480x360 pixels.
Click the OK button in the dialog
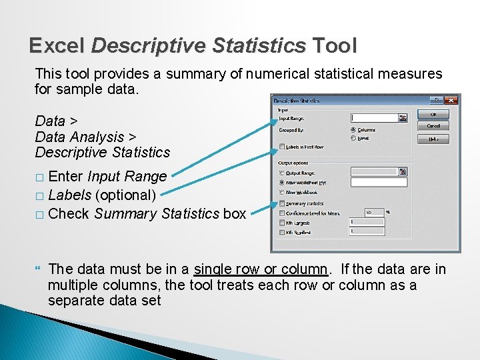tap(433, 114)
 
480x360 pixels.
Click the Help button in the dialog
tap(433, 139)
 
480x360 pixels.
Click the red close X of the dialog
tap(452, 100)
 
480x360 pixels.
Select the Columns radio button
tap(353, 130)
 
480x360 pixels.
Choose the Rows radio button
tap(353, 138)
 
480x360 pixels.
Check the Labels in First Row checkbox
tap(283, 147)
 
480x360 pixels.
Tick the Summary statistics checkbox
tap(283, 203)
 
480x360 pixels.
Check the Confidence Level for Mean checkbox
tap(283, 213)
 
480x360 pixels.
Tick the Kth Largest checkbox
tap(283, 223)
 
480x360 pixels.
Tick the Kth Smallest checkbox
tap(283, 232)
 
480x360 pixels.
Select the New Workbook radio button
tap(283, 191)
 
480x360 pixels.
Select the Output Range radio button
tap(283, 172)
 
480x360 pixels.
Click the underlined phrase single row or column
tap(261, 269)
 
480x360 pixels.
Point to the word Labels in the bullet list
tap(71, 195)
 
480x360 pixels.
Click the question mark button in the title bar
tap(437, 100)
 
